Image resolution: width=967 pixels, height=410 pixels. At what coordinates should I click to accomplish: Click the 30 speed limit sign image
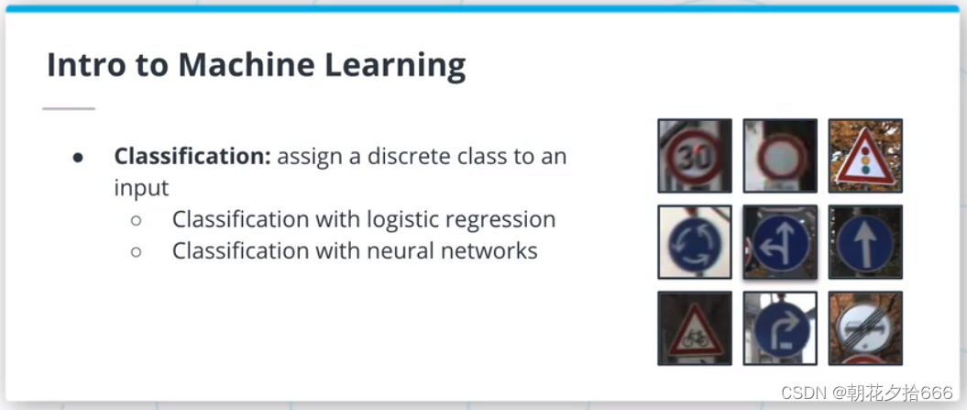(x=694, y=155)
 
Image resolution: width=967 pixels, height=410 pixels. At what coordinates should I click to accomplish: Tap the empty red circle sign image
(x=779, y=155)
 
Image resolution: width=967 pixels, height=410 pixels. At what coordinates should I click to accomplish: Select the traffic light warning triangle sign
(x=864, y=155)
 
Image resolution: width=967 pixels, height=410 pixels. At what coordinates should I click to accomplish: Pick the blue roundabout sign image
(x=694, y=241)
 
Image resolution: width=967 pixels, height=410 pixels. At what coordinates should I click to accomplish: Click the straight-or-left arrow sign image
(x=779, y=241)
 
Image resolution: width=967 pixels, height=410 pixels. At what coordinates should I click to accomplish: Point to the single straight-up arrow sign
(x=864, y=241)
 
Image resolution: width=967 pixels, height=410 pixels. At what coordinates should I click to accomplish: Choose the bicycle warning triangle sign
(x=694, y=327)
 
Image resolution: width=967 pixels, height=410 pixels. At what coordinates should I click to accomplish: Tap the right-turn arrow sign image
(x=779, y=327)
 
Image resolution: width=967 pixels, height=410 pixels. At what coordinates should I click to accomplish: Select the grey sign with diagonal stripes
(x=864, y=327)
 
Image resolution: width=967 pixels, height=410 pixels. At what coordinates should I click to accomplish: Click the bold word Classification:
(x=192, y=156)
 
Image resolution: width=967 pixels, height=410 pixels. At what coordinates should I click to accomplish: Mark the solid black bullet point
(x=79, y=157)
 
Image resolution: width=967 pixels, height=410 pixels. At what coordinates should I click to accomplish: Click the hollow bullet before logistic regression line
(x=136, y=220)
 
